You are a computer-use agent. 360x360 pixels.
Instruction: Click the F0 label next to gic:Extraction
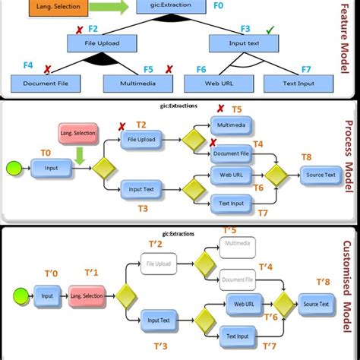[218, 5]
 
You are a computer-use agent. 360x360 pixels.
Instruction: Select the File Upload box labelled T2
[142, 139]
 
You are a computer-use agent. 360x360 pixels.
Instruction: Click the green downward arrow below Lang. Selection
[79, 156]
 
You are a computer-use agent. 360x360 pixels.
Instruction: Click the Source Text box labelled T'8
[314, 304]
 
